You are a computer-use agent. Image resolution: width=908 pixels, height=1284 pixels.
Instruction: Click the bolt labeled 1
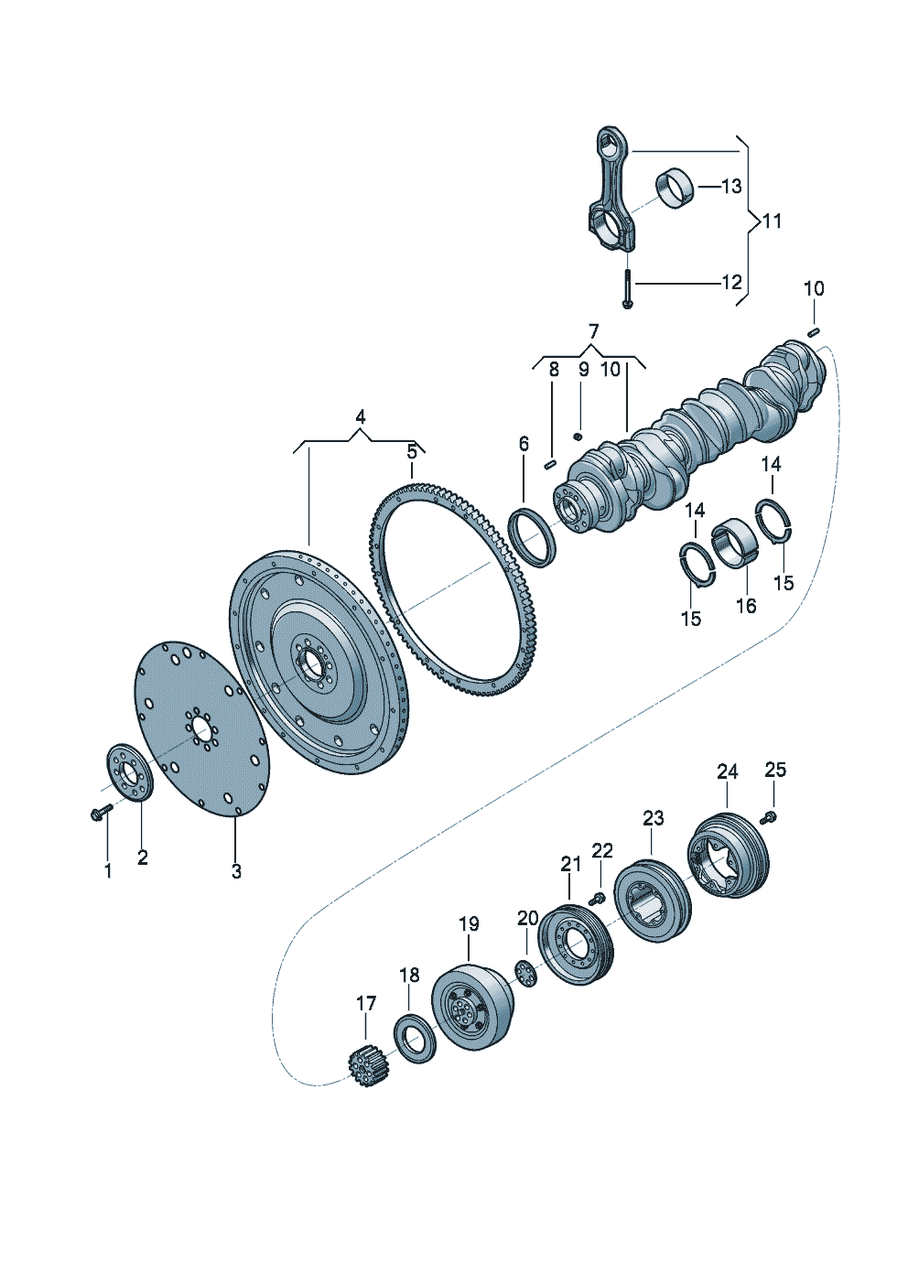[x=100, y=812]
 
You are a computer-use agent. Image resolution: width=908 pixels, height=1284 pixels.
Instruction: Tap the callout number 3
[x=236, y=871]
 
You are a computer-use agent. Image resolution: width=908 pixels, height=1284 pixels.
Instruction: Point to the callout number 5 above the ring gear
[x=412, y=451]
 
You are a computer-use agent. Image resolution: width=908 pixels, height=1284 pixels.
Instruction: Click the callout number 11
[x=773, y=221]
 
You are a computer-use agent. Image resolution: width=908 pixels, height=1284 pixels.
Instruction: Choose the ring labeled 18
[x=415, y=1038]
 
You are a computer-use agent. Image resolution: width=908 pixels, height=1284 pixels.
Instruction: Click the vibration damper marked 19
[x=472, y=1008]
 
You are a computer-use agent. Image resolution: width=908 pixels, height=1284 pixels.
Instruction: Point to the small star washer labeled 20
[x=525, y=972]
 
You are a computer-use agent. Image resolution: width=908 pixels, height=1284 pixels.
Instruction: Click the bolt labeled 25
[x=769, y=815]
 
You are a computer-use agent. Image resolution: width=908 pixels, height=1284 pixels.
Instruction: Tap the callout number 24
[x=727, y=772]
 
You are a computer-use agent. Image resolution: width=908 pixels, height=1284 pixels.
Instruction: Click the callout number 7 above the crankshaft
[x=593, y=330]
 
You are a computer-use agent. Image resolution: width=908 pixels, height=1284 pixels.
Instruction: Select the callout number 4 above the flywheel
[x=361, y=416]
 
